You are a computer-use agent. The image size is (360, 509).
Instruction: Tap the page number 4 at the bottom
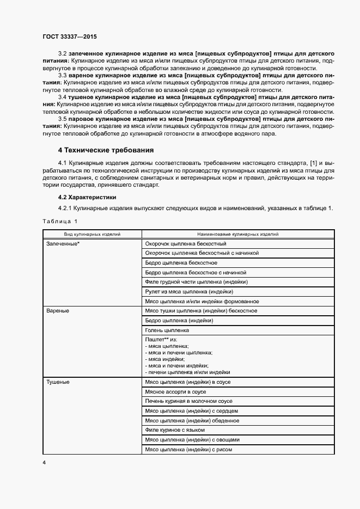click(44, 462)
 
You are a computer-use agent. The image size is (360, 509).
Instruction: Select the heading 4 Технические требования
click(106, 150)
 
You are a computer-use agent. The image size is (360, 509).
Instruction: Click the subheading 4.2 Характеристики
click(87, 197)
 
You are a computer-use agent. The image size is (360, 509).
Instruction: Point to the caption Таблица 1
click(60, 221)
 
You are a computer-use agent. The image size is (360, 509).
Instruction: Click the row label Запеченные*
click(63, 244)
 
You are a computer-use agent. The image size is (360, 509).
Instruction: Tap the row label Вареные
click(58, 311)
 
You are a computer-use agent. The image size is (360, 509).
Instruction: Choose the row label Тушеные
click(59, 383)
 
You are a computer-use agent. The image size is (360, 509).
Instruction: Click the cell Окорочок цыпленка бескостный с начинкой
click(202, 253)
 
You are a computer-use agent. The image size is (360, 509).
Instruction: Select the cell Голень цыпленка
click(167, 330)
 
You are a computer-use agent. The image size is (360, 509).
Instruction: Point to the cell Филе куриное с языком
click(175, 430)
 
